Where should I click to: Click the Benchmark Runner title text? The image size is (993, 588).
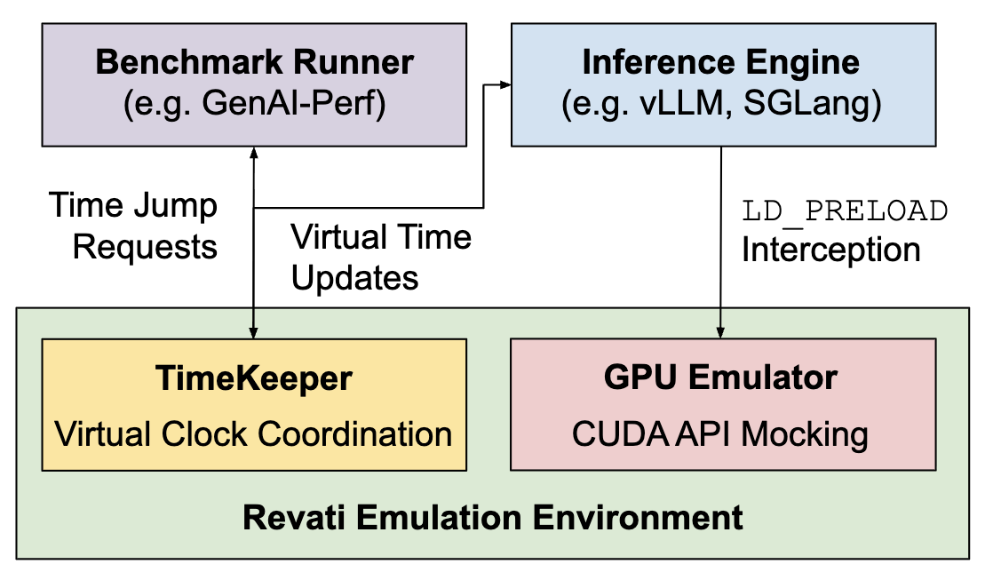click(254, 63)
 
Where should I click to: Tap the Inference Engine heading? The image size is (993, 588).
click(720, 63)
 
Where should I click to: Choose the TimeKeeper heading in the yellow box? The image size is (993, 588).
click(254, 378)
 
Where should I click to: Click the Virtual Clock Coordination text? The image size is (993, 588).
click(254, 434)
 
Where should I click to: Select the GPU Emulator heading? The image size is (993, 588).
click(720, 378)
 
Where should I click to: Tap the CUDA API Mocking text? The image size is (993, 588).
click(720, 434)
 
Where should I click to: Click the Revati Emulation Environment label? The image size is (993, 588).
click(492, 516)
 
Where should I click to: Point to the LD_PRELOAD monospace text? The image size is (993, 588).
click(845, 211)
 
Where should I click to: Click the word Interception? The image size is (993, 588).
click(830, 250)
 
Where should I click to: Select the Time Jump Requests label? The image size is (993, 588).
click(133, 226)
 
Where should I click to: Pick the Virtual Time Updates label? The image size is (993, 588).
click(381, 258)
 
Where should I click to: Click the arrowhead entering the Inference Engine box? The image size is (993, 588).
click(505, 85)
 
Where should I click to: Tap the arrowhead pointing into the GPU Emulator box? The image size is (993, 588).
click(720, 332)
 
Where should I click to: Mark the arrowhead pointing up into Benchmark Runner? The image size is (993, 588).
click(254, 153)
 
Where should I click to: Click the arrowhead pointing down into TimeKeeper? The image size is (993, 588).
click(254, 332)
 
